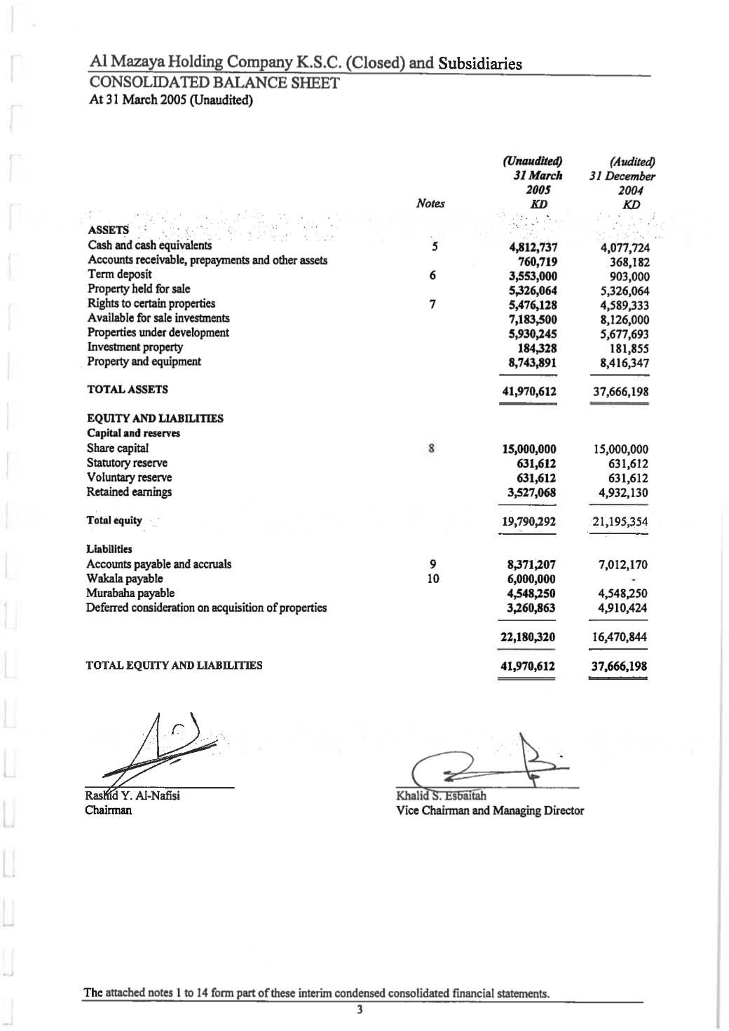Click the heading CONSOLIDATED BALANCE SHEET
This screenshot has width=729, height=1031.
click(214, 83)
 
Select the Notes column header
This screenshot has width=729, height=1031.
click(430, 203)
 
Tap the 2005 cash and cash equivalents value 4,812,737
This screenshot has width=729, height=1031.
click(532, 247)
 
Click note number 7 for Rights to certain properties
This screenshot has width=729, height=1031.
click(433, 304)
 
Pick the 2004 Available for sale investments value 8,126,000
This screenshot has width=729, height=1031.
click(620, 320)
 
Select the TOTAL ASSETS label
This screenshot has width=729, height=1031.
click(128, 390)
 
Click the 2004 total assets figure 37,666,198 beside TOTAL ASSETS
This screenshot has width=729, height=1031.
click(620, 392)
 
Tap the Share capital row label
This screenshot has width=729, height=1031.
click(118, 448)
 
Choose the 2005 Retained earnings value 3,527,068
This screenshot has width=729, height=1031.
click(532, 493)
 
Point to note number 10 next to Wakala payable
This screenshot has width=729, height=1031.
click(433, 579)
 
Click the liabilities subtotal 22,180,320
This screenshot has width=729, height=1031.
click(531, 637)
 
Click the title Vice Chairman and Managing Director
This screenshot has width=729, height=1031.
click(490, 810)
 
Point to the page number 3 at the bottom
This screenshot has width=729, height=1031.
click(360, 1010)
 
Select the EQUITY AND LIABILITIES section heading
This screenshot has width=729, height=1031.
click(155, 418)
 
